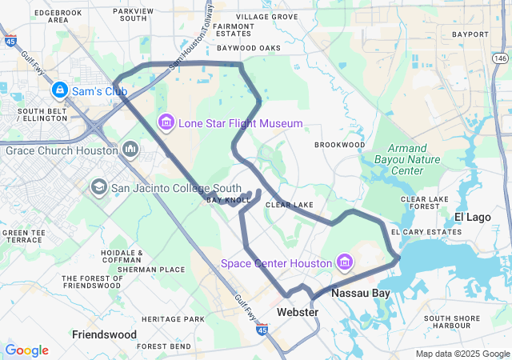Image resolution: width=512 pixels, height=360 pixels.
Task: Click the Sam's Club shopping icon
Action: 61,90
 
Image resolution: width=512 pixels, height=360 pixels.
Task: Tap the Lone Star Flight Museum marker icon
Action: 166,122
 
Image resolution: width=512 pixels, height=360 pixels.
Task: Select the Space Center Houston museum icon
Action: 345,262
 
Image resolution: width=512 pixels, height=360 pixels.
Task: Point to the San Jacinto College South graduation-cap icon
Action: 99,188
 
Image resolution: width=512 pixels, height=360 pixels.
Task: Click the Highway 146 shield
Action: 500,58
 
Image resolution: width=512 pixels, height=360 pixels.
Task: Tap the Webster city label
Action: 298,311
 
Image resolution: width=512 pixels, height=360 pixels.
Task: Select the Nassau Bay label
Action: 361,294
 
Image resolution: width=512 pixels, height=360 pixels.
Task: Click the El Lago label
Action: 472,218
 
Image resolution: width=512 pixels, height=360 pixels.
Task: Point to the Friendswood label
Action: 102,333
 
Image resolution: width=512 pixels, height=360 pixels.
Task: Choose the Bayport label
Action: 470,34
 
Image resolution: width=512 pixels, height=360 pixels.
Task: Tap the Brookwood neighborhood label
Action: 339,145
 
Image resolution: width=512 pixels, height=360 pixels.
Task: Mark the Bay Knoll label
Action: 223,200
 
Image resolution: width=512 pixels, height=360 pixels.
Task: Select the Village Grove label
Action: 267,16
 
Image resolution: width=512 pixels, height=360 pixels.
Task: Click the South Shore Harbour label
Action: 453,322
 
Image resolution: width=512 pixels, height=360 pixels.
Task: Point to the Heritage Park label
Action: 174,319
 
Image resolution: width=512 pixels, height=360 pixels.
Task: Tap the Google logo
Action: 26,350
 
